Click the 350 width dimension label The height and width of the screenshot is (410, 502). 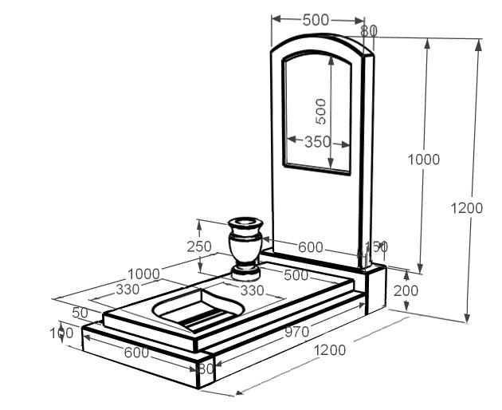(x=317, y=142)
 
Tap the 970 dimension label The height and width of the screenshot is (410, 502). (x=297, y=331)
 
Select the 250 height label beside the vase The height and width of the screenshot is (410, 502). (x=199, y=246)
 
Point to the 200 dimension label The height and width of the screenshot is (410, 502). (x=406, y=290)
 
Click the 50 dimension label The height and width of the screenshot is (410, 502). (x=80, y=312)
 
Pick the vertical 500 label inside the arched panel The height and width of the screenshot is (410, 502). (x=320, y=111)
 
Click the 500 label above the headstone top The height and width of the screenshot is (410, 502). (x=316, y=20)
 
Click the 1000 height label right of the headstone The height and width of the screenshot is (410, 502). (x=423, y=160)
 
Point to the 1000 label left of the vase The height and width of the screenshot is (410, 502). (x=143, y=274)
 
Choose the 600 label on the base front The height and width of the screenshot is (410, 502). (x=136, y=352)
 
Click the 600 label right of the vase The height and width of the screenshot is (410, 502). (x=311, y=247)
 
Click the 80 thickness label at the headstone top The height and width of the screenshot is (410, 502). (x=368, y=31)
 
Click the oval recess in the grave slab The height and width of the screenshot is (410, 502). (x=191, y=308)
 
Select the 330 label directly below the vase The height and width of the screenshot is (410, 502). (x=252, y=291)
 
